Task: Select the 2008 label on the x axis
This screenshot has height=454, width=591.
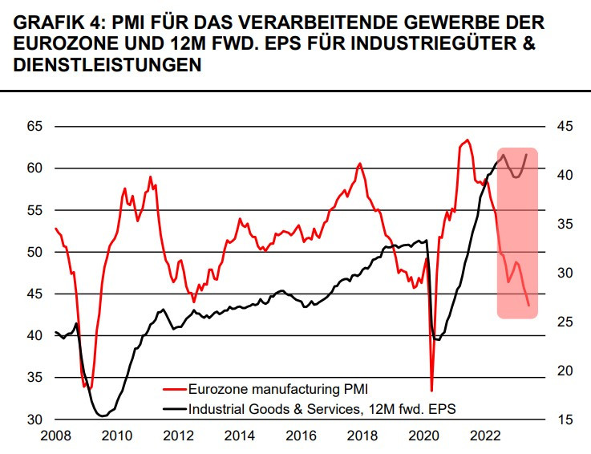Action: pyautogui.click(x=55, y=436)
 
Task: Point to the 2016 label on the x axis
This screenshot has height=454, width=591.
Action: pyautogui.click(x=301, y=436)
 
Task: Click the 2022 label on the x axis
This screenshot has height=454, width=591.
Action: pyautogui.click(x=484, y=436)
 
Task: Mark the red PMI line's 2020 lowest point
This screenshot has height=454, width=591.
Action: pyautogui.click(x=431, y=391)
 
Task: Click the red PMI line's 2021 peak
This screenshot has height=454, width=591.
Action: pyautogui.click(x=468, y=140)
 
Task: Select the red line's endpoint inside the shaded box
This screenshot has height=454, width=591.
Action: pyautogui.click(x=528, y=306)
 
